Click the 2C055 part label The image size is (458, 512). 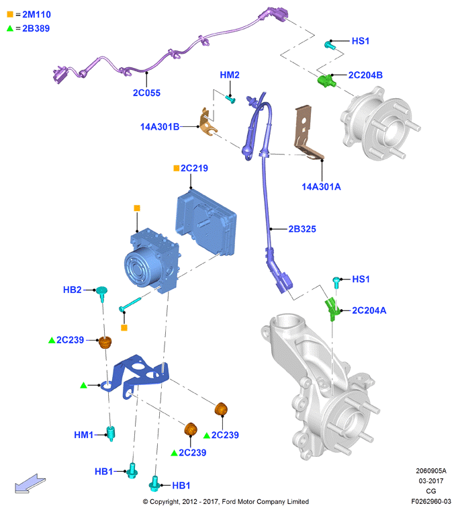(146, 93)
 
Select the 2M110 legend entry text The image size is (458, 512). (36, 15)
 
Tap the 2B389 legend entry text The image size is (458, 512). (36, 28)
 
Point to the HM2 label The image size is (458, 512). (230, 75)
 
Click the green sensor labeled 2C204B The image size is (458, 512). (326, 81)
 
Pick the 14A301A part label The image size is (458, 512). (321, 187)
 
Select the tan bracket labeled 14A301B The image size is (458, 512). (208, 122)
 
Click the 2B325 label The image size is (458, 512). (302, 229)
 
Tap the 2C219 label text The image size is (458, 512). (194, 168)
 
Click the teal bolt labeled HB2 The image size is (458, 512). (102, 293)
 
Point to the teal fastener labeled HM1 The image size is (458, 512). (111, 433)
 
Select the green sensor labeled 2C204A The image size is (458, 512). (332, 309)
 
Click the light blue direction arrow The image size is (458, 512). (30, 483)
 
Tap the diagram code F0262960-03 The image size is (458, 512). (431, 501)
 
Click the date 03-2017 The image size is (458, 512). (431, 481)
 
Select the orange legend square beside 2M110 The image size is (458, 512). (10, 14)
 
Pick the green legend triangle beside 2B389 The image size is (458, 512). (10, 28)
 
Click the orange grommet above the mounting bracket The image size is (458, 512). (105, 342)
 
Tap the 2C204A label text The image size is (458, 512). (369, 310)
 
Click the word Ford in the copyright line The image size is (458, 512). (228, 501)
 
